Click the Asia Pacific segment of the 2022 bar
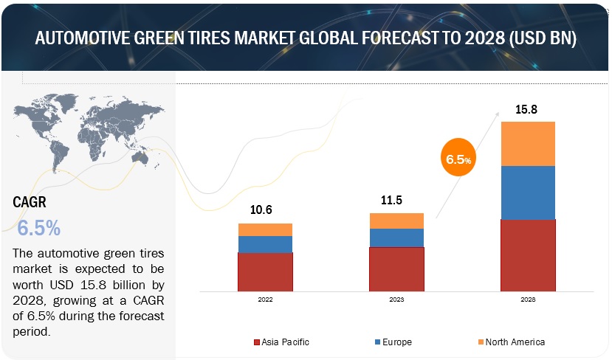[x=265, y=271]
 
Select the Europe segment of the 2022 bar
[x=265, y=244]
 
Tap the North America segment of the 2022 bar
[x=265, y=229]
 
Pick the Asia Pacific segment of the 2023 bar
[x=396, y=269]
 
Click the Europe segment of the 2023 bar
[x=396, y=238]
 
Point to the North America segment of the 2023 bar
[x=396, y=221]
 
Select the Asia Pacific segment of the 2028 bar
[x=528, y=255]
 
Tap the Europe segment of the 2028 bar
[x=528, y=193]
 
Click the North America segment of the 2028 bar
[x=528, y=144]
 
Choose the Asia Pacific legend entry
[x=282, y=342]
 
